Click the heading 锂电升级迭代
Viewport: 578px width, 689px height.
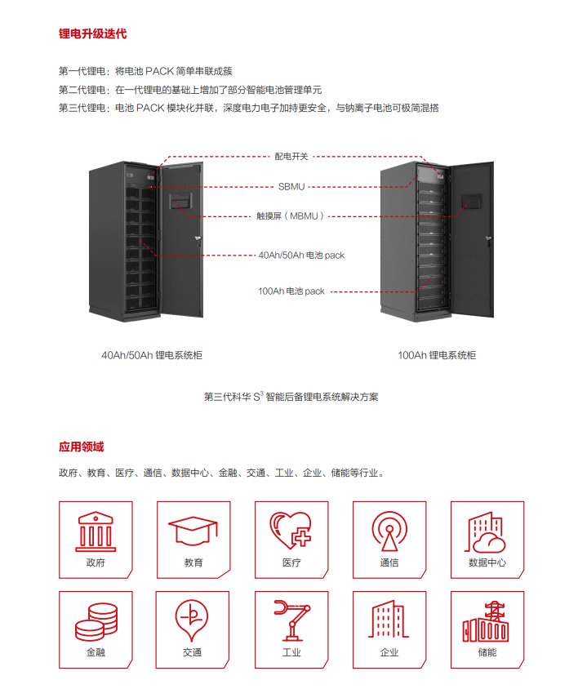coord(92,34)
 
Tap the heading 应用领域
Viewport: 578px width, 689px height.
coord(81,447)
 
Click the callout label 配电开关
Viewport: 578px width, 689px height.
coord(291,155)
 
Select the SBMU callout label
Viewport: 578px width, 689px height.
coord(291,187)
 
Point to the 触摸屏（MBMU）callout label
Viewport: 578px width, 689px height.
coord(291,216)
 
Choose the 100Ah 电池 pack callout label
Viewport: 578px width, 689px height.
coord(291,291)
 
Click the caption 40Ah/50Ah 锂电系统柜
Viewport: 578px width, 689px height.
coord(152,355)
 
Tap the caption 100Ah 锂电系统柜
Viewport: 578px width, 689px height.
coord(437,355)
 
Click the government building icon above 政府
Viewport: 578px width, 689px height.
coord(96,530)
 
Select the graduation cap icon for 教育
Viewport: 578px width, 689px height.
coord(193,531)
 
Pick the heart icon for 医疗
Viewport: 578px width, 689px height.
coord(291,531)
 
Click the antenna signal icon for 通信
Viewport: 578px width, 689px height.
coord(389,531)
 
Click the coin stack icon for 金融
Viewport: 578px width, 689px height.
coord(96,621)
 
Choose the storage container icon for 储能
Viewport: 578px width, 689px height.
coord(487,621)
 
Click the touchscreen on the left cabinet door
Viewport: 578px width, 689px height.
coord(179,201)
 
